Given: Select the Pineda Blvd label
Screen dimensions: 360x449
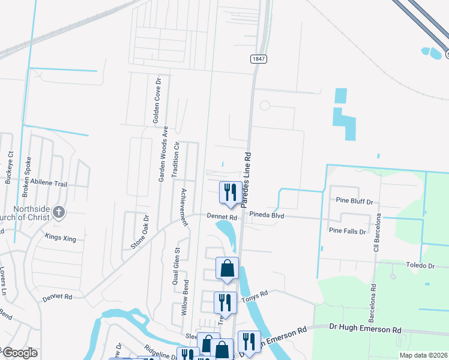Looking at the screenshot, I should [268, 215].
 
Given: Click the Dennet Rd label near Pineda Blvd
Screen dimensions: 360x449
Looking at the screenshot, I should [223, 217].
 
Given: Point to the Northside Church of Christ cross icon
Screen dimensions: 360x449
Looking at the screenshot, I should [58, 212].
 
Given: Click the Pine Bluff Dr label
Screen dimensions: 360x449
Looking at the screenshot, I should [354, 202].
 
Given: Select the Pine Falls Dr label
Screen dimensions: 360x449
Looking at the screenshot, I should [347, 230].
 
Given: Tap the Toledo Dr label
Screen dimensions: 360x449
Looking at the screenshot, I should [420, 265].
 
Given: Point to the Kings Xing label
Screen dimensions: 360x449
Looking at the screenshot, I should [61, 238].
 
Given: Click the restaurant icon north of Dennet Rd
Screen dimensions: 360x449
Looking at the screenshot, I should [231, 193].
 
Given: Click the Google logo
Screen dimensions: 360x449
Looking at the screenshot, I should [19, 353].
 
